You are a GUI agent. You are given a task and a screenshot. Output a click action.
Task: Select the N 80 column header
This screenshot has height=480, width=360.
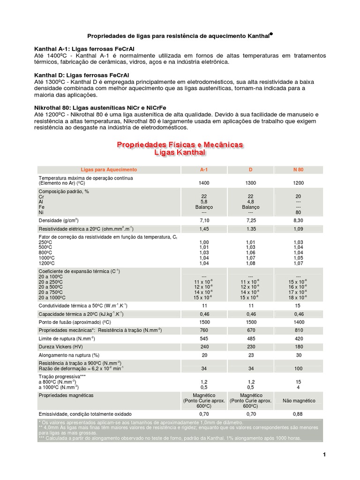[299, 169]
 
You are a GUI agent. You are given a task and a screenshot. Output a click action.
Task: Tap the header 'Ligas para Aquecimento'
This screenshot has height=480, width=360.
[109, 169]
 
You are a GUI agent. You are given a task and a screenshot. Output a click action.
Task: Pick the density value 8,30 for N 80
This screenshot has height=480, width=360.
[299, 219]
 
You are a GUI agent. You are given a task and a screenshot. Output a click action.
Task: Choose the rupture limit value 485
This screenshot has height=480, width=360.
[251, 339]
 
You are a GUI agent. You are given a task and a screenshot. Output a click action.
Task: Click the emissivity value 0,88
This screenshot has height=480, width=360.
[299, 414]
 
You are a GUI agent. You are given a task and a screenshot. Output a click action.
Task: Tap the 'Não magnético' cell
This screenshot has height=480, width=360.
[299, 401]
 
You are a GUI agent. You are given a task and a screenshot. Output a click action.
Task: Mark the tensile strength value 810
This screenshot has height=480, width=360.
[299, 330]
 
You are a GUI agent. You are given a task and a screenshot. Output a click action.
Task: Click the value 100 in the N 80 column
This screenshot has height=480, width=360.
[299, 368]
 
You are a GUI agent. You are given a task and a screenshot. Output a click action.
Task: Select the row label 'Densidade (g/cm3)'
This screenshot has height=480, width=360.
[59, 219]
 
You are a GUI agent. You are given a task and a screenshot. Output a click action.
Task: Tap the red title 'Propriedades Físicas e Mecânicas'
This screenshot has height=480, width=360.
[180, 145]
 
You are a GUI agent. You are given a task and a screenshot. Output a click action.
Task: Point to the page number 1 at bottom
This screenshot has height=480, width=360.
[324, 454]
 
